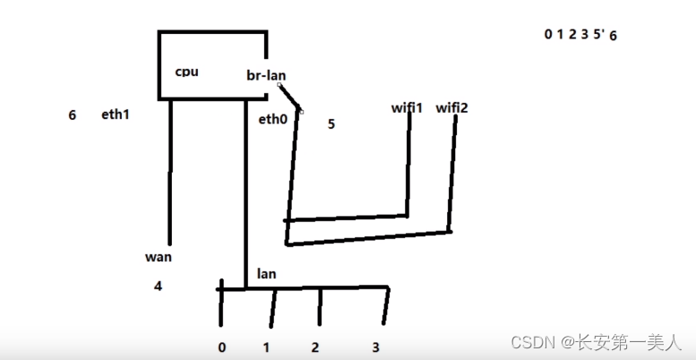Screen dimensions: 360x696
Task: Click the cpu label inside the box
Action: tap(186, 72)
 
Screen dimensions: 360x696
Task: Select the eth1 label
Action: tap(116, 115)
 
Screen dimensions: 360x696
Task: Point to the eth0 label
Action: tap(272, 118)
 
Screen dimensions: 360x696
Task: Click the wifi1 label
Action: tap(407, 107)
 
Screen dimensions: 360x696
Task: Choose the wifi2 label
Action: tap(451, 107)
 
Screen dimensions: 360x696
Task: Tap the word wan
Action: tap(158, 257)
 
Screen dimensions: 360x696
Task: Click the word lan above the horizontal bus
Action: tap(266, 273)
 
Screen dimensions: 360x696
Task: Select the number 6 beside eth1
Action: tap(72, 115)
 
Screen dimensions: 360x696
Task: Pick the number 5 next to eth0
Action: tap(331, 124)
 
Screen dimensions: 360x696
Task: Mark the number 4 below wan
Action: tap(159, 287)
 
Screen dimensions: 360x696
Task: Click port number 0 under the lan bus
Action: tap(221, 347)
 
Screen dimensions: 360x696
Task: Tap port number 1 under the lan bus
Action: tap(266, 347)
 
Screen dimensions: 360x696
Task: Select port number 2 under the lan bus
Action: tap(314, 347)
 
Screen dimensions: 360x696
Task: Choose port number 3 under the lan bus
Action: tap(376, 347)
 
